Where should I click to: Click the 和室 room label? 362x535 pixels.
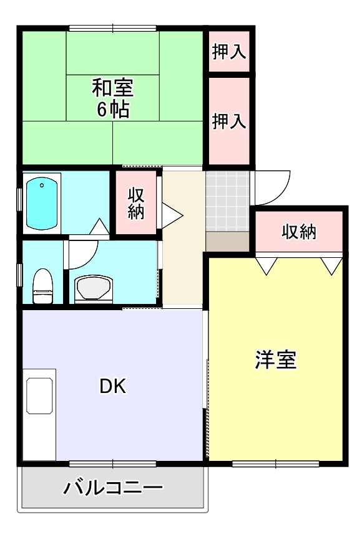click(113, 87)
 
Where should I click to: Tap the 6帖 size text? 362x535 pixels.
click(113, 110)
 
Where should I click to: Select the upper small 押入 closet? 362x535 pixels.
click(228, 52)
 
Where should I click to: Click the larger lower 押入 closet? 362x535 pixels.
click(228, 121)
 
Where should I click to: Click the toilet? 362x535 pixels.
click(42, 286)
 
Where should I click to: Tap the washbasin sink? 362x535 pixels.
click(94, 288)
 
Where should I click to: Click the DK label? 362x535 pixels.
click(113, 387)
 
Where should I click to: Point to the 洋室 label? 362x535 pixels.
click(275, 359)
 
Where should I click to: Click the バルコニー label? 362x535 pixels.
click(113, 487)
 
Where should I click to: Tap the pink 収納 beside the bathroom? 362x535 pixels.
click(136, 202)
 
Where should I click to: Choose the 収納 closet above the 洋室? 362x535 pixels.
click(299, 232)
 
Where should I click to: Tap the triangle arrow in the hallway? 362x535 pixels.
click(173, 214)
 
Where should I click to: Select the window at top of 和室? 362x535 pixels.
click(113, 27)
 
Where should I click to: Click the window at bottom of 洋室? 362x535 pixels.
click(275, 463)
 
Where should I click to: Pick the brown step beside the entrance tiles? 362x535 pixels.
click(227, 240)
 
